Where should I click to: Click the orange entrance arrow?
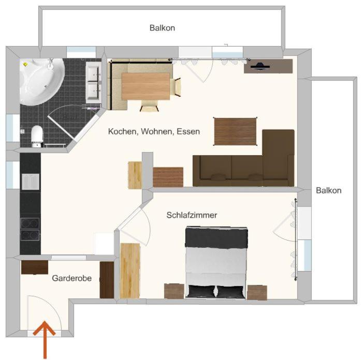[x=45, y=340]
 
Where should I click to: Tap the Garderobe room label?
[x=72, y=278]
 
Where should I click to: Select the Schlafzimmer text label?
[x=192, y=215]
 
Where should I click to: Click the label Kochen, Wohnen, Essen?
[x=154, y=131]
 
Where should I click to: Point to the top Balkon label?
[x=162, y=28]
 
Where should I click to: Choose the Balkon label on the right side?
[x=329, y=190]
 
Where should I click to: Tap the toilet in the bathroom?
[x=37, y=136]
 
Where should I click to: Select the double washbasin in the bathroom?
[x=94, y=82]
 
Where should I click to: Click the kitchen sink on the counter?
[x=31, y=182]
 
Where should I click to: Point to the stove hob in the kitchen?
[x=30, y=230]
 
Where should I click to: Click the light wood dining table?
[x=145, y=86]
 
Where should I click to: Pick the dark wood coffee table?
[x=235, y=131]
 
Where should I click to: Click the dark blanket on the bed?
[x=216, y=237]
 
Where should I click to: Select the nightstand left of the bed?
[x=174, y=291]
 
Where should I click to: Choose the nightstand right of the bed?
[x=257, y=293]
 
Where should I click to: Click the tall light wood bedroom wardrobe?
[x=130, y=271]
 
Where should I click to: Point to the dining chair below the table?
[x=149, y=106]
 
